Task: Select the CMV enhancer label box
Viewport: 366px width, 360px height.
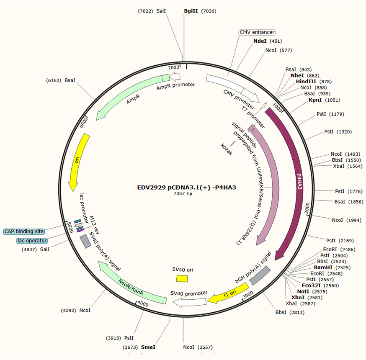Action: pyautogui.click(x=257, y=32)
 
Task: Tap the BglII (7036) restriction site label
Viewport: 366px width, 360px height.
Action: pyautogui.click(x=200, y=11)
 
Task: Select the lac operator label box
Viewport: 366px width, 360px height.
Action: pyautogui.click(x=32, y=241)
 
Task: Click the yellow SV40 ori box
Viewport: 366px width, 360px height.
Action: pyautogui.click(x=182, y=278)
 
